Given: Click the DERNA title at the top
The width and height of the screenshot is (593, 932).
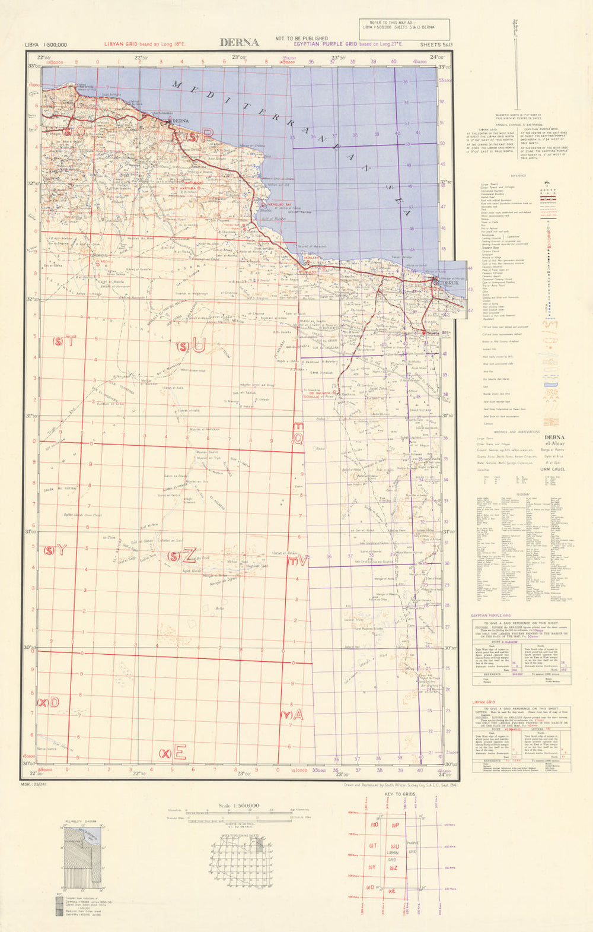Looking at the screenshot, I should (239, 42).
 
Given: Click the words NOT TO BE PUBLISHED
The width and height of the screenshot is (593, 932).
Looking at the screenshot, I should (301, 38).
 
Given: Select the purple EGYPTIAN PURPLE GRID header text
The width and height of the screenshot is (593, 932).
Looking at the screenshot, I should (326, 44).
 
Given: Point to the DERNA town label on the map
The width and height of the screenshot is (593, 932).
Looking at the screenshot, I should (180, 121).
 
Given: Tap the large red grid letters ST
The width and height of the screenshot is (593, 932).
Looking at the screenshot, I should (65, 341).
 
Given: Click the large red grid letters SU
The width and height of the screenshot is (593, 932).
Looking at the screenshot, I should (190, 345).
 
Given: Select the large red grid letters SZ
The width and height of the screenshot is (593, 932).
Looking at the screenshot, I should (181, 556).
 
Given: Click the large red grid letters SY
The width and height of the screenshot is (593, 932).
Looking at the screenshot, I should (56, 550).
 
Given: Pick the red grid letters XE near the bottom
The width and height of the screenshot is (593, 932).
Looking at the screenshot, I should (173, 753).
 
